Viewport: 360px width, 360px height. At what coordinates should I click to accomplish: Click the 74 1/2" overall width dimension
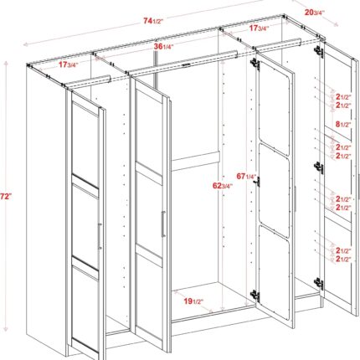[153, 21]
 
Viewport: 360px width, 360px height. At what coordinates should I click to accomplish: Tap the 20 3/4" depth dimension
[315, 13]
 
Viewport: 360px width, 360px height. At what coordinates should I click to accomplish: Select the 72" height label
[6, 197]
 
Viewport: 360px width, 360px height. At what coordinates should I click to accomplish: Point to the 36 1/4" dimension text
[164, 47]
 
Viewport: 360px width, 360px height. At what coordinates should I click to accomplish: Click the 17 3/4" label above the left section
[68, 64]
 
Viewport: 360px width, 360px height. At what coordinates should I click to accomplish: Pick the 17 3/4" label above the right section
[259, 28]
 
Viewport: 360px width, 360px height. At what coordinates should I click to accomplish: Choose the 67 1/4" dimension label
[246, 177]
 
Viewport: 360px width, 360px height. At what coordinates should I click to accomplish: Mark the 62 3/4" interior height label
[223, 186]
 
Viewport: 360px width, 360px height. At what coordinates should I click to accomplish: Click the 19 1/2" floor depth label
[193, 301]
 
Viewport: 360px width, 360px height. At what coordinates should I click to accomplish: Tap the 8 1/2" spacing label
[343, 125]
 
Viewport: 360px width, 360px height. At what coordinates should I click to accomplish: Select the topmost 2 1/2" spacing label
[343, 97]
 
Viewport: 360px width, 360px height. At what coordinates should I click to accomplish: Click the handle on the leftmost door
[100, 236]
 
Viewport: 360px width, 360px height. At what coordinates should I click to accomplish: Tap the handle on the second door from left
[163, 224]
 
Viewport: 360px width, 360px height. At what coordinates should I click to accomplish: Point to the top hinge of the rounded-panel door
[255, 64]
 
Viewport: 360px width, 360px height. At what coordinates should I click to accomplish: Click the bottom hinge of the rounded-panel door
[255, 295]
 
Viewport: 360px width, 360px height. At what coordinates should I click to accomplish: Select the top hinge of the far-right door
[319, 51]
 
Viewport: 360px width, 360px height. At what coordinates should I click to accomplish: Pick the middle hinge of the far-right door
[319, 168]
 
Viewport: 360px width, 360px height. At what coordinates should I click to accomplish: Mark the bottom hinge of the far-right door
[319, 283]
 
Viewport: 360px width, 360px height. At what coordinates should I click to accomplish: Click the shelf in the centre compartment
[195, 162]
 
